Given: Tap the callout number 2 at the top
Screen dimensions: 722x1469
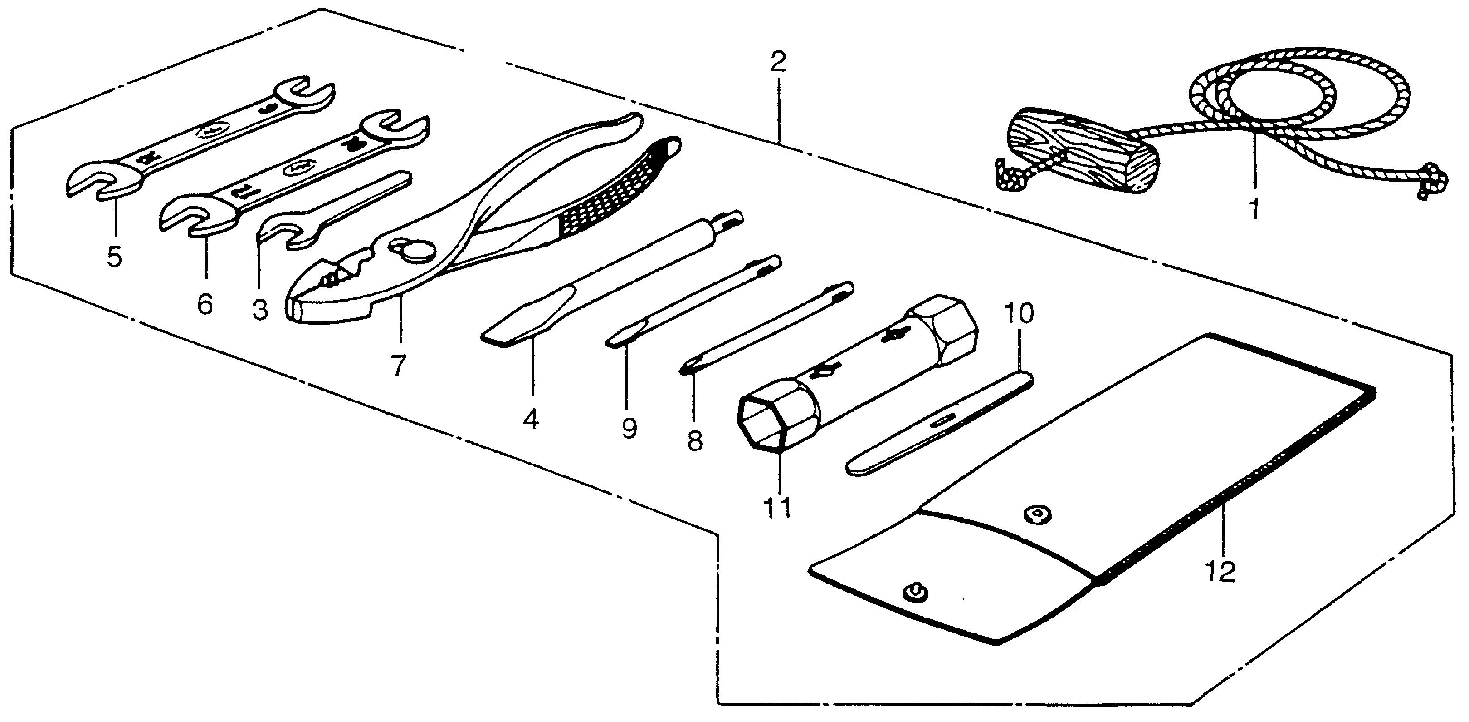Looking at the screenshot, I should tap(778, 62).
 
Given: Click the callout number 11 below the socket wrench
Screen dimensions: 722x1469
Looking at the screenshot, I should tap(778, 506).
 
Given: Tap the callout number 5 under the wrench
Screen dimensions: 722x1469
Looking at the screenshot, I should tap(115, 257).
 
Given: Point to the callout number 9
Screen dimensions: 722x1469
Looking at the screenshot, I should tap(629, 428).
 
